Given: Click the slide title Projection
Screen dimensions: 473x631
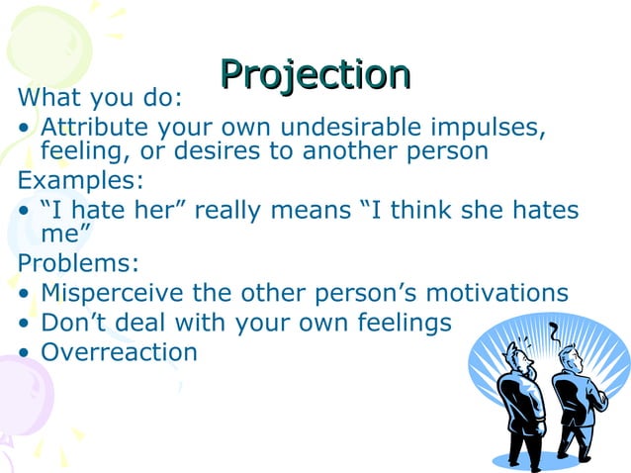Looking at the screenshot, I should coord(315,72).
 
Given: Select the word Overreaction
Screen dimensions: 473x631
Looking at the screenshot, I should coord(119,351).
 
